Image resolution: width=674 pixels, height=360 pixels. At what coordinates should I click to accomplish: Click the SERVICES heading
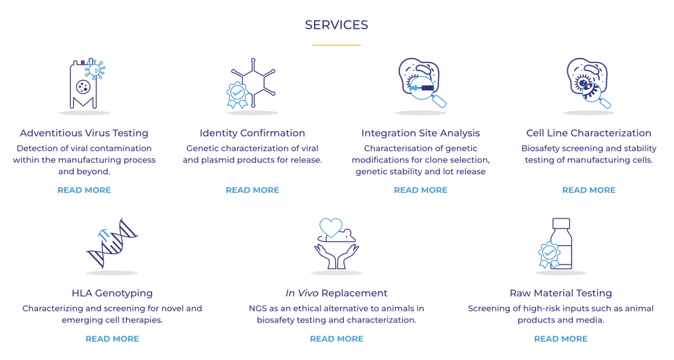pos(336,25)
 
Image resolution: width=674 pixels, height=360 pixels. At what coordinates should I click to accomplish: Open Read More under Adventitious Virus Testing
pos(84,190)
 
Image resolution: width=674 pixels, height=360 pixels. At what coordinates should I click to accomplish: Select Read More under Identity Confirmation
pos(252,190)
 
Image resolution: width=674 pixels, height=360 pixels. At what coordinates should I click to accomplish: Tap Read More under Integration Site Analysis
pos(421,190)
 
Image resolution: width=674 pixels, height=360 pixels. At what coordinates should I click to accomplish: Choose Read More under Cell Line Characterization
pos(589,190)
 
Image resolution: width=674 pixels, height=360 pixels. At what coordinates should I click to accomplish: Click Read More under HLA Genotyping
pos(112,339)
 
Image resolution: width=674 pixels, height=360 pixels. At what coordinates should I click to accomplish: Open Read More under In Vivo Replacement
pos(336,339)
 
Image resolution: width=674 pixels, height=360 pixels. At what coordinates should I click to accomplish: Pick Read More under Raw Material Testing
pos(560,339)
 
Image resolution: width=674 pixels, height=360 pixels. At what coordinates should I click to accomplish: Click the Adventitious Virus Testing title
pos(84,133)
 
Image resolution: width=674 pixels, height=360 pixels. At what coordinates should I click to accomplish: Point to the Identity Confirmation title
pos(252,133)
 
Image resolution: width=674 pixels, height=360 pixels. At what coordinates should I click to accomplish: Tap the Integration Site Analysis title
pos(421,133)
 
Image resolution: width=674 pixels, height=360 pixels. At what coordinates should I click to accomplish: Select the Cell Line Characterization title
pos(589,133)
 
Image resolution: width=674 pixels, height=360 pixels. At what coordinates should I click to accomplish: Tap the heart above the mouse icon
pos(331,226)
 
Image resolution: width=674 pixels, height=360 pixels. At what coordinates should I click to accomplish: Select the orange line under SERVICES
pos(336,45)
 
